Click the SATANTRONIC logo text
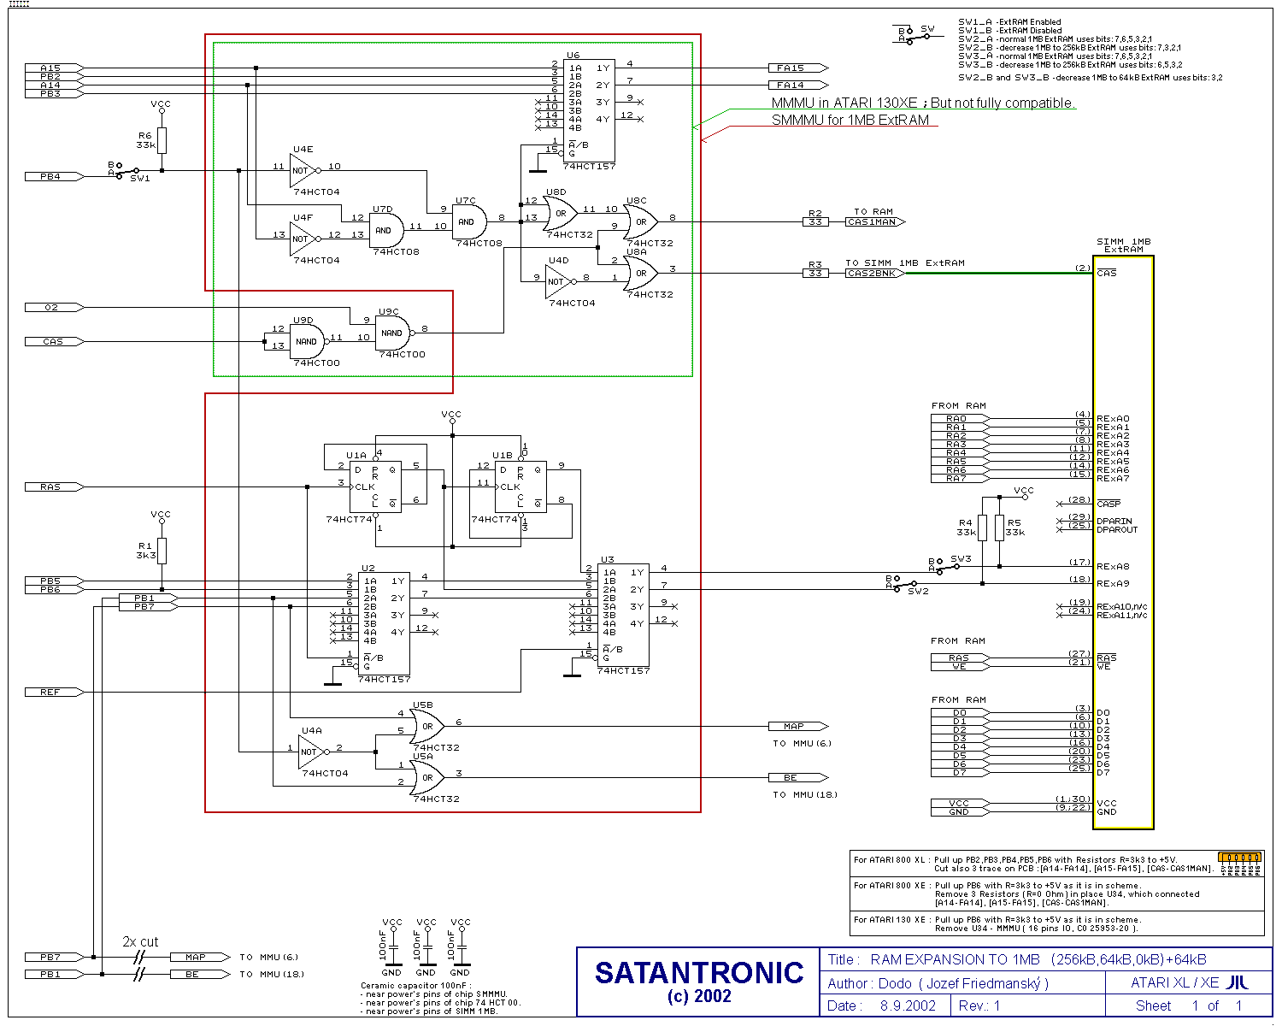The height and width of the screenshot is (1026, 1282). pos(699,973)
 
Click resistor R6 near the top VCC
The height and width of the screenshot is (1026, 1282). pos(162,141)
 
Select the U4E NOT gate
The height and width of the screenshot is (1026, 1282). pos(303,170)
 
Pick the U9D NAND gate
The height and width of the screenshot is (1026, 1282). pos(308,341)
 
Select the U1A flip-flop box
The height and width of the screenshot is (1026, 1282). pos(375,486)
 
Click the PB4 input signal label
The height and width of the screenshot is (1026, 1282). pos(51,176)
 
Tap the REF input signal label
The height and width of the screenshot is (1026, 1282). pos(51,692)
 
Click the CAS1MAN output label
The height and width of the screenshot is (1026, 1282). pos(873,221)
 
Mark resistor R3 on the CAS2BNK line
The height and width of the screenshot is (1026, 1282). pos(815,273)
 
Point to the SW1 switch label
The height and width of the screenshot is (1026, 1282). pos(140,179)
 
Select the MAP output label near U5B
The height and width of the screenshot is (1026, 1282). pos(796,726)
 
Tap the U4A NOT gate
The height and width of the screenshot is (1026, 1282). pos(310,752)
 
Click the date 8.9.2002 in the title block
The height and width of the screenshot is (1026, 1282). pos(908,1005)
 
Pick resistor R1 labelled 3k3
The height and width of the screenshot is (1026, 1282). pos(162,551)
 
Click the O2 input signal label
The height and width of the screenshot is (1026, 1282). pos(51,307)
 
